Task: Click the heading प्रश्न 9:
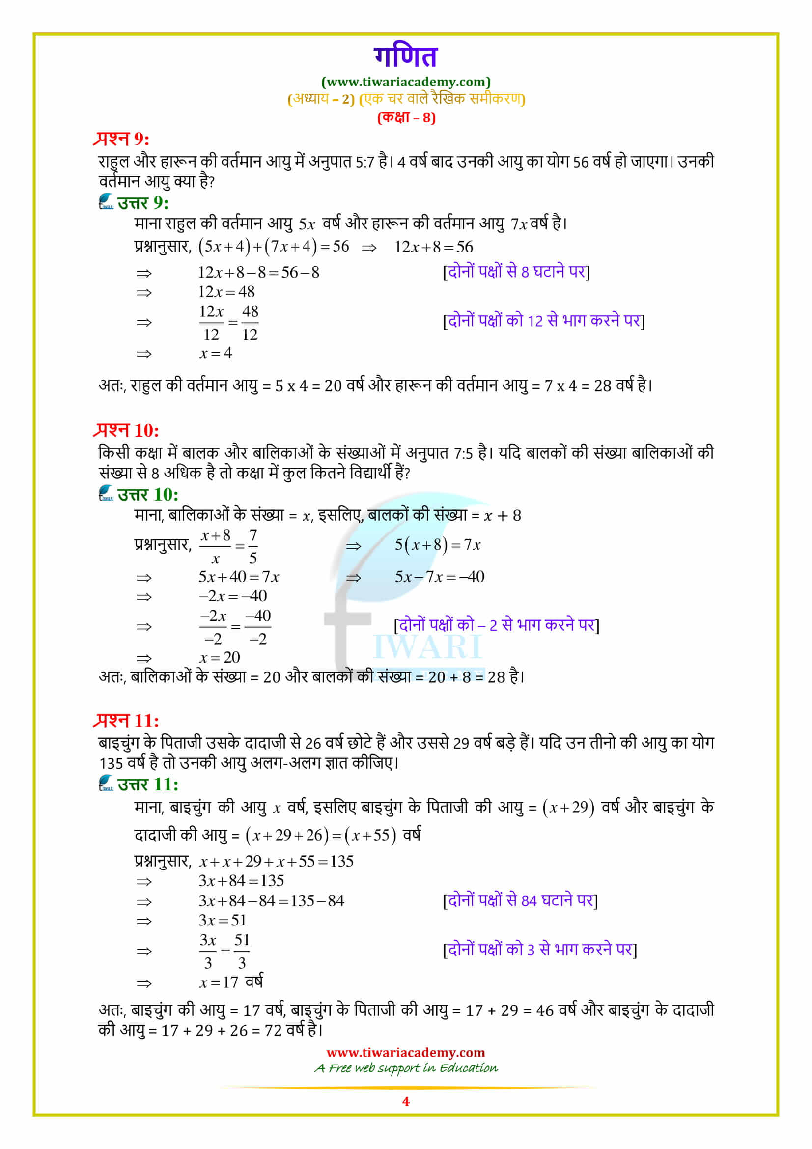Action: pos(121,139)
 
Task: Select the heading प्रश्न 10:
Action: pos(127,430)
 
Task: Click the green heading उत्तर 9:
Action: pos(142,203)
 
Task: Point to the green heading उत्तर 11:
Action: pos(147,784)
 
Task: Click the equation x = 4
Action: pos(216,353)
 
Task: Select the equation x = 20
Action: pos(220,657)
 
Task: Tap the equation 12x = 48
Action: pos(226,291)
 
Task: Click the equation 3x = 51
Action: pos(222,920)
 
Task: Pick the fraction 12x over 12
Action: pos(211,322)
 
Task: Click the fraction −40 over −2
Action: pos(258,626)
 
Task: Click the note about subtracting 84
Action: pos(520,900)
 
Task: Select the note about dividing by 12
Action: pos(543,321)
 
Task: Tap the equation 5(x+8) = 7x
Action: pos(437,544)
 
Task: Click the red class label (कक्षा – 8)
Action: pos(406,117)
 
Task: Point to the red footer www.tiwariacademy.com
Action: pos(405,1052)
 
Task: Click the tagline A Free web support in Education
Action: pos(405,1068)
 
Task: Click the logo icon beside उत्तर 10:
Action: pos(106,493)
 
